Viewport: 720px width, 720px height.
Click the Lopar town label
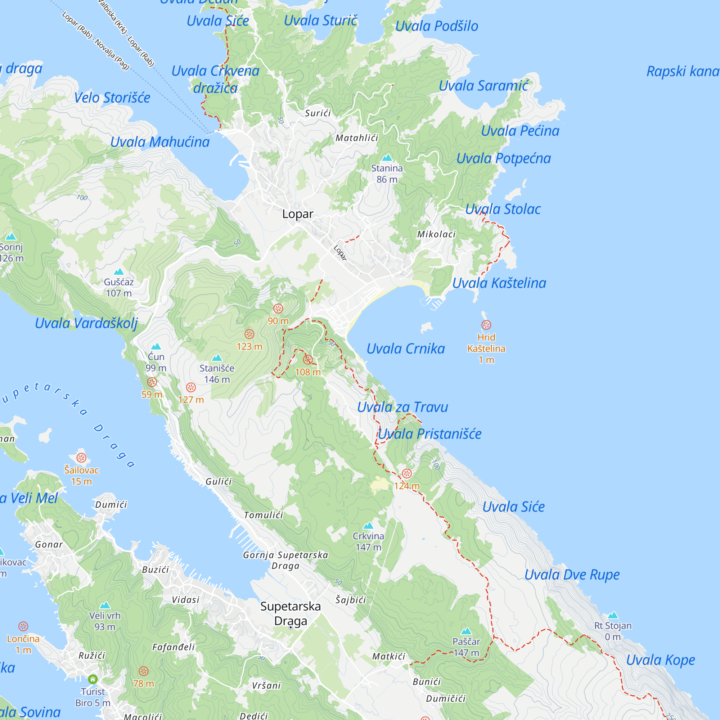(x=297, y=214)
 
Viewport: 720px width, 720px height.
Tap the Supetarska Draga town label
(x=290, y=613)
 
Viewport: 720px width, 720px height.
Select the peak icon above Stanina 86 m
(x=387, y=158)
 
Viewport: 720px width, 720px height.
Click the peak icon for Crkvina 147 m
(x=368, y=526)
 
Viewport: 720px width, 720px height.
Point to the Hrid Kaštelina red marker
(x=486, y=325)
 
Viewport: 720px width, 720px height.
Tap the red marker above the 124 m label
(x=406, y=474)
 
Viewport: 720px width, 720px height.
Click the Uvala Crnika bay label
(x=405, y=349)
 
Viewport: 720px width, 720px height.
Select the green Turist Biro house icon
(x=93, y=679)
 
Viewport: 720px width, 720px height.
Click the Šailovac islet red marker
(x=81, y=458)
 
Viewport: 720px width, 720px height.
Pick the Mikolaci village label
(x=436, y=234)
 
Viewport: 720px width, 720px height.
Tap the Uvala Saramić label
(x=483, y=86)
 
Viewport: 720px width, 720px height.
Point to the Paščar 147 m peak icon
(x=466, y=631)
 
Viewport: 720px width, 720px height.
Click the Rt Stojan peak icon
(x=613, y=615)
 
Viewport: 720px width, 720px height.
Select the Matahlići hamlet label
(x=357, y=138)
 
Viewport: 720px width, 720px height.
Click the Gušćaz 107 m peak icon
(x=118, y=272)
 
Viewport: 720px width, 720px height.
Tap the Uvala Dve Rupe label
(x=572, y=575)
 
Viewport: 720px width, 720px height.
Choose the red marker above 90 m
(x=278, y=309)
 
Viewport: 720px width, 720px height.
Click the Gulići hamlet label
(x=219, y=481)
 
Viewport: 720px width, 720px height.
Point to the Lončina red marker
(x=23, y=626)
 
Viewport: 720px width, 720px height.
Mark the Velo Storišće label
(x=112, y=98)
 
